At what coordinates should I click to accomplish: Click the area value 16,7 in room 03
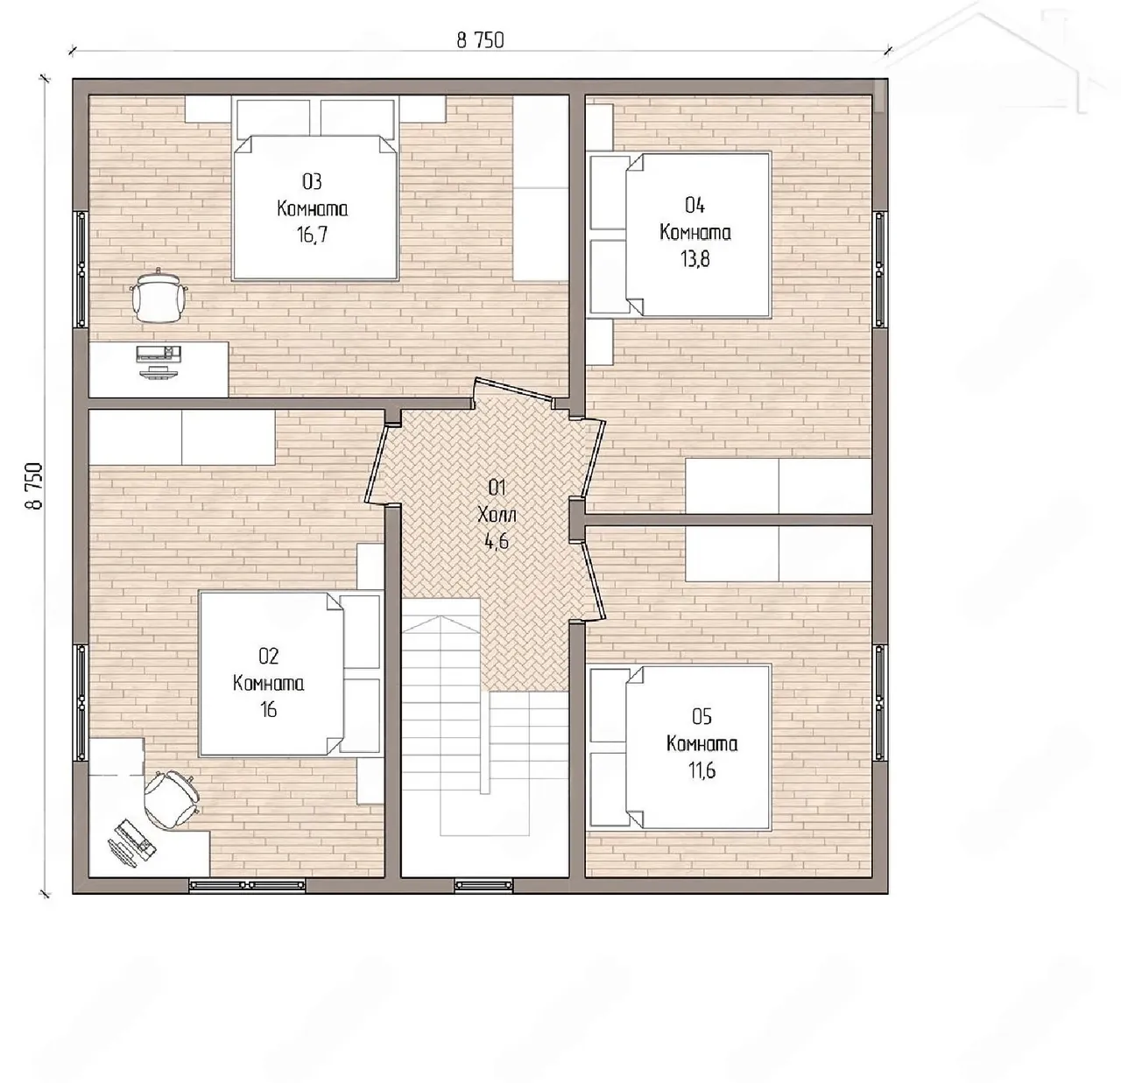point(313,235)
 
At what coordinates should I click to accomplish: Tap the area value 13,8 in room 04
point(694,259)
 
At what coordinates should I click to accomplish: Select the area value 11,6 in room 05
point(702,770)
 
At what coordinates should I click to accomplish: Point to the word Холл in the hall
point(497,515)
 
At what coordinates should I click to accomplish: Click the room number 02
point(269,656)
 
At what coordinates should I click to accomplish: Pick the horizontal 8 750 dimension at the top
point(480,40)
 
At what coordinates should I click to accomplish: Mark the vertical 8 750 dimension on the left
point(34,486)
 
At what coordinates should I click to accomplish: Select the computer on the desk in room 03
point(159,362)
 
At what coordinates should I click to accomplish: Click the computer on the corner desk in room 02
point(131,841)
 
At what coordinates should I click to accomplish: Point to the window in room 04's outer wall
point(879,269)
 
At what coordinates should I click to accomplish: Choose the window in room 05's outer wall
point(879,702)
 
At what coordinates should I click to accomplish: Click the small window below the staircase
point(483,885)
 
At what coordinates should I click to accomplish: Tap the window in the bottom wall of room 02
point(247,885)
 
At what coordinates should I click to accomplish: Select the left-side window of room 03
point(81,269)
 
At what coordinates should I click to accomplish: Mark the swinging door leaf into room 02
point(380,463)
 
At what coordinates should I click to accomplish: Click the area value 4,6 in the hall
point(497,542)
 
